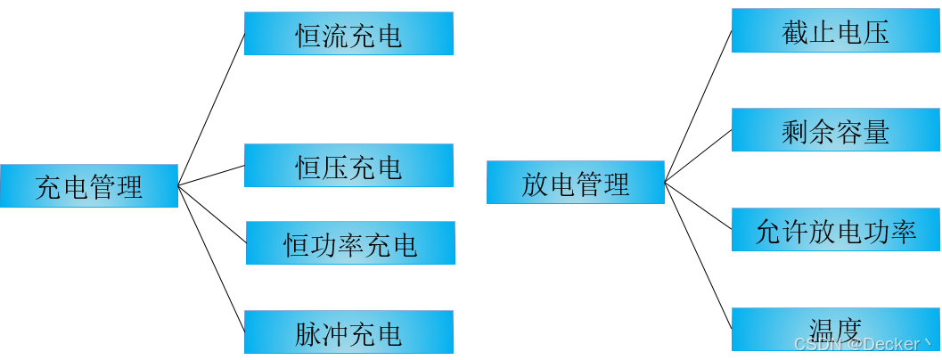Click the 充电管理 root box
(89, 186)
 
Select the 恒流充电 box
(348, 34)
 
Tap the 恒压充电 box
(348, 166)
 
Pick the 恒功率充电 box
(350, 243)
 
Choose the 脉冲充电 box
(348, 332)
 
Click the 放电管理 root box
(575, 183)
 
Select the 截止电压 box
(835, 31)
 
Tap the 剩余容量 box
(835, 130)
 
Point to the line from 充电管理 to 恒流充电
(211, 110)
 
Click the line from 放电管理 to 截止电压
(698, 107)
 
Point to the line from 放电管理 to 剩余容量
(698, 157)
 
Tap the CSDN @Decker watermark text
(860, 343)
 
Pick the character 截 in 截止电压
(795, 32)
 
